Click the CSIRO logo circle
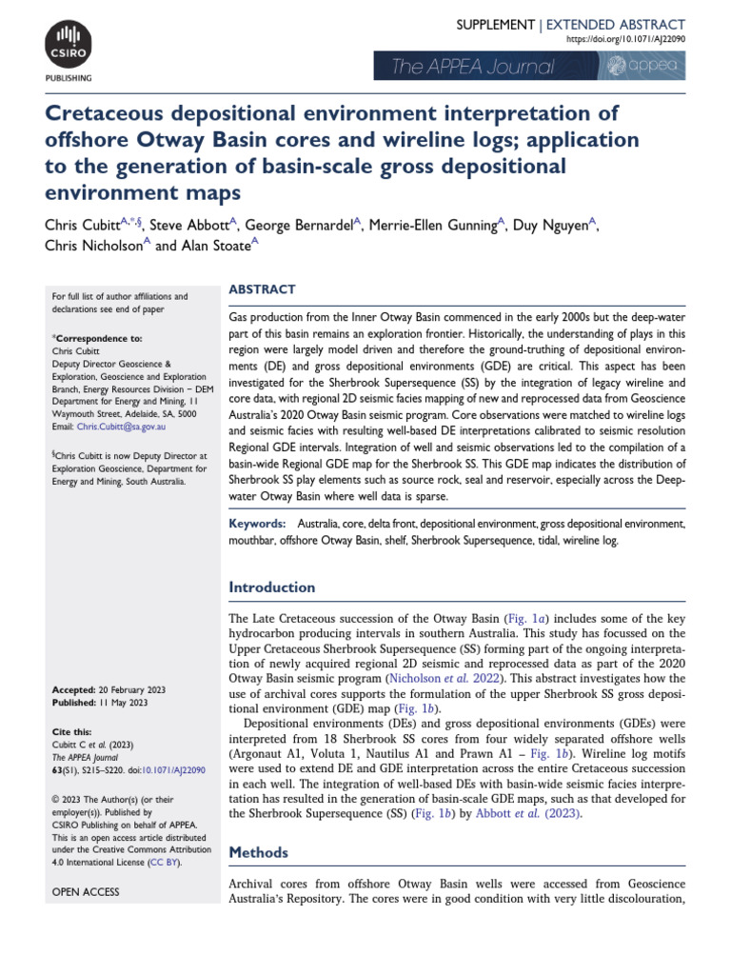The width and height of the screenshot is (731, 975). [x=67, y=43]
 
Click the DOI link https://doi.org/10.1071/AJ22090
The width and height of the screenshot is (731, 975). [x=625, y=40]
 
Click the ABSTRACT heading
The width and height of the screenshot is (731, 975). [x=262, y=289]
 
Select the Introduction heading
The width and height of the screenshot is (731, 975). [x=272, y=587]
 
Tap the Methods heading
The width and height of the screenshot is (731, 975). [x=259, y=852]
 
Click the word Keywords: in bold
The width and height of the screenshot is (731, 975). [x=257, y=524]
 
